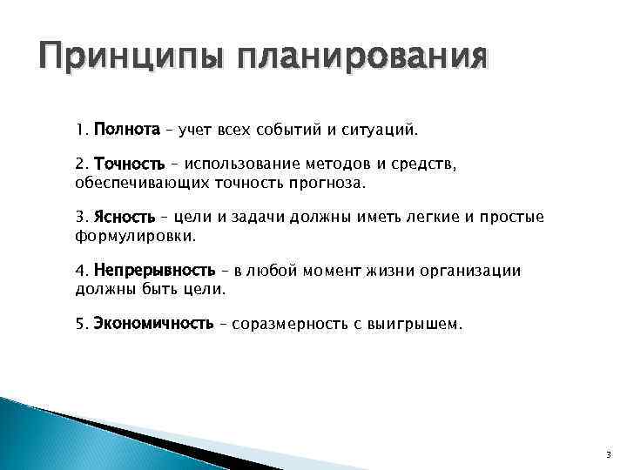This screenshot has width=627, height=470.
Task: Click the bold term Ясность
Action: pyautogui.click(x=125, y=217)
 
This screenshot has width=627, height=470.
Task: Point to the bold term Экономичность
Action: pyautogui.click(x=153, y=325)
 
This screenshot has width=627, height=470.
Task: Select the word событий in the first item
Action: pyautogui.click(x=292, y=131)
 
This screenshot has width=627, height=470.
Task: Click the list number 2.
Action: pyautogui.click(x=81, y=164)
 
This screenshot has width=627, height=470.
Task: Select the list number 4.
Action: pyautogui.click(x=81, y=271)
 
